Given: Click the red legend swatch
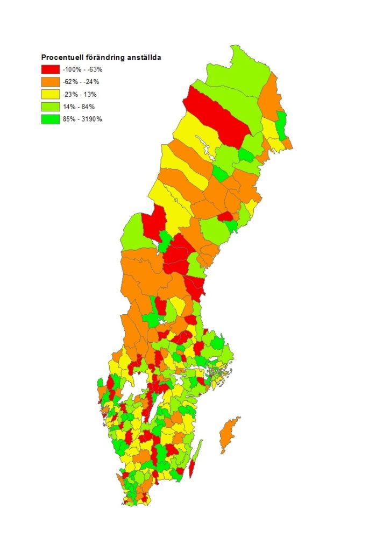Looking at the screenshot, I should [50, 69].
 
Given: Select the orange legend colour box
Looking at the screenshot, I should [50, 82].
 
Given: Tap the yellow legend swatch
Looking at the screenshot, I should [50, 94].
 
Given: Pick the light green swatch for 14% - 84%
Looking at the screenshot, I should [50, 107].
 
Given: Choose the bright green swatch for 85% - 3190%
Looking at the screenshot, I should [50, 119].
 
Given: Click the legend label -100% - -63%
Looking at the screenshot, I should [83, 69].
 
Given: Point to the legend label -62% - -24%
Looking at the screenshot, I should [81, 82].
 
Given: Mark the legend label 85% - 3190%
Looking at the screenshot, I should [82, 119].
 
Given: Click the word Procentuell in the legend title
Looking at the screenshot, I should [62, 57].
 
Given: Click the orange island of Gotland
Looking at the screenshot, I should [229, 436].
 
